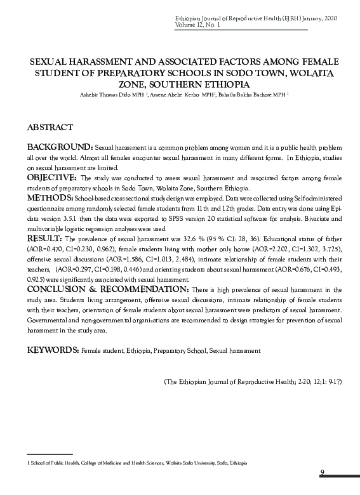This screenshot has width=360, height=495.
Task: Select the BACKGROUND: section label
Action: tap(60, 147)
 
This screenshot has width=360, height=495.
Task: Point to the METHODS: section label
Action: tap(50, 199)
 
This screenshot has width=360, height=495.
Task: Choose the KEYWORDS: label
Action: tap(53, 350)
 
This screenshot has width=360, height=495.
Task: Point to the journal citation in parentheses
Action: tap(253, 382)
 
